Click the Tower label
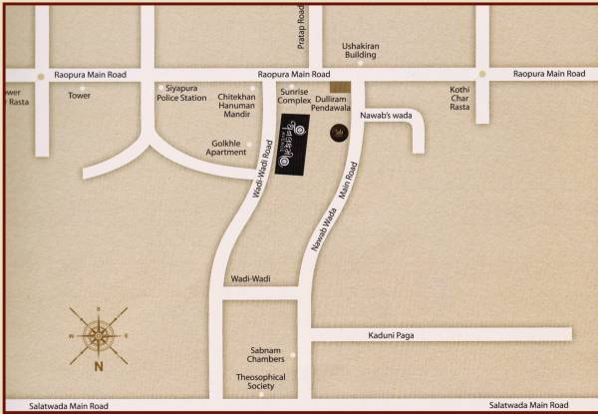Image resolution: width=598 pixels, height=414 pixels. tap(79, 96)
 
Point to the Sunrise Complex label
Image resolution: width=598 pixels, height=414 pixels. tap(295, 96)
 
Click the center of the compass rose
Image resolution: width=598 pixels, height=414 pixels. tap(99, 334)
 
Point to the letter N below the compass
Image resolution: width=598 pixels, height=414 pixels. tap(99, 365)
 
